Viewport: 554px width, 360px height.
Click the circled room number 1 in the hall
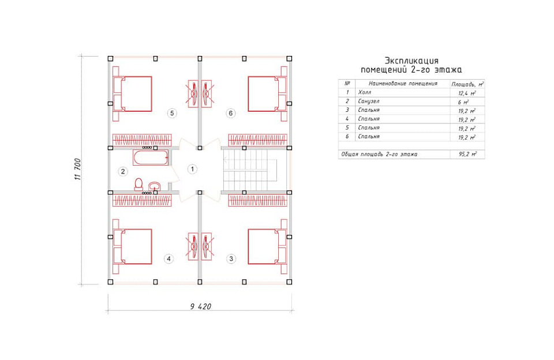[192, 169]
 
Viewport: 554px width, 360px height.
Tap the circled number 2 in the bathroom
[122, 172]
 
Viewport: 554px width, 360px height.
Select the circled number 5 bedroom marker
[172, 113]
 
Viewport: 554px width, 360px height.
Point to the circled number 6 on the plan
[231, 113]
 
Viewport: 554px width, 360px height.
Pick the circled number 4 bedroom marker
[169, 258]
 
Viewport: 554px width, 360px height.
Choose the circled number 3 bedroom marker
[231, 258]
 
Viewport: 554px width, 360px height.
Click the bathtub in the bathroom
[151, 157]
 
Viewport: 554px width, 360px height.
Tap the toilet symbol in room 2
[138, 185]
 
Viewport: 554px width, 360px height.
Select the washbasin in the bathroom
[155, 186]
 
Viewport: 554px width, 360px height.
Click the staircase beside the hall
[249, 170]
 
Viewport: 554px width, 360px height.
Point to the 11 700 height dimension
[77, 169]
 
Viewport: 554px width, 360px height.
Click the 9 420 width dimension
[200, 306]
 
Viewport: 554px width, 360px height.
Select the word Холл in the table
[365, 92]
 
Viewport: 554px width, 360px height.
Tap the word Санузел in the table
[369, 101]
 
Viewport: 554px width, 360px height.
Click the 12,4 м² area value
[467, 93]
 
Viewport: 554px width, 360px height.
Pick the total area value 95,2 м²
[467, 154]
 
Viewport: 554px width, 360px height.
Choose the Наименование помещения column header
[403, 84]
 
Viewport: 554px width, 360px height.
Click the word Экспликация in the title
[411, 61]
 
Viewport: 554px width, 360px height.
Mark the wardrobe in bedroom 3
[257, 200]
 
